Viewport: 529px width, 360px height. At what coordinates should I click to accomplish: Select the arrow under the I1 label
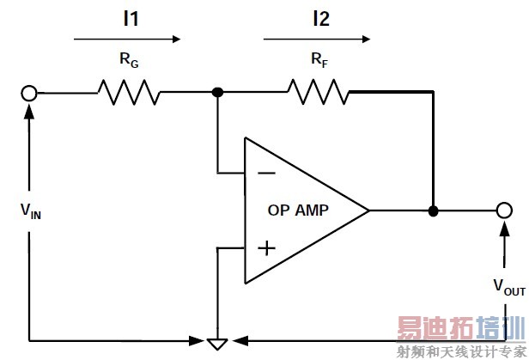(x=127, y=38)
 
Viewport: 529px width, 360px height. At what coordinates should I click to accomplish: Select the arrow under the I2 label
(x=318, y=38)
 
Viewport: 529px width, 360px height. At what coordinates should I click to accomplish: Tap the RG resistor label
(x=127, y=62)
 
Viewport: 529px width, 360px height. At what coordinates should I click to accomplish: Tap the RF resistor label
(x=318, y=62)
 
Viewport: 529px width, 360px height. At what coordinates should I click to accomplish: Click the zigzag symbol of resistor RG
(x=128, y=91)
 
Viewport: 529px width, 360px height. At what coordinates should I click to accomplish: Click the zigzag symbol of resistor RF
(x=318, y=91)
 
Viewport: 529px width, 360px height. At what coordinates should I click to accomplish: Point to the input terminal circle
(x=30, y=92)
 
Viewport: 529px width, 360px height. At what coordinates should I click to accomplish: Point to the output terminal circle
(x=505, y=211)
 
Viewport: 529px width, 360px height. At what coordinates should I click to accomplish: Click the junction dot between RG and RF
(x=219, y=92)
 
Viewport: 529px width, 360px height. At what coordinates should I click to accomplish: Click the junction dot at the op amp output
(x=434, y=211)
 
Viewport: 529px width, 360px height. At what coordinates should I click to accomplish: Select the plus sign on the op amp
(x=267, y=248)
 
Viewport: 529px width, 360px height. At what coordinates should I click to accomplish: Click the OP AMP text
(x=298, y=211)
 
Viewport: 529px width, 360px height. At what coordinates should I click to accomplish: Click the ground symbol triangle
(x=219, y=344)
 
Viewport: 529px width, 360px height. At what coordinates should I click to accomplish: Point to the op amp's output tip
(x=368, y=211)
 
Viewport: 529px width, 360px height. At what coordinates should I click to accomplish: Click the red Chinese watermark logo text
(x=459, y=330)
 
